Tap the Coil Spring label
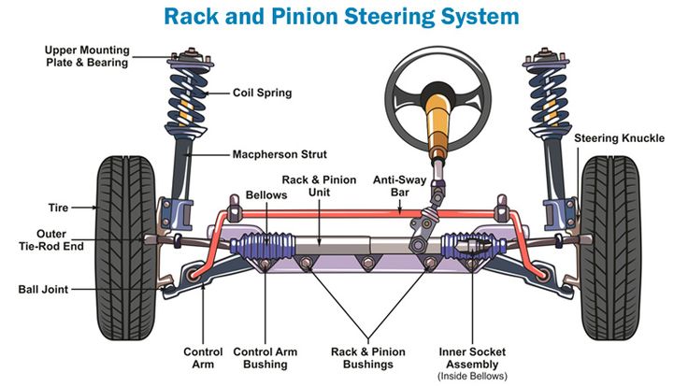click(x=262, y=93)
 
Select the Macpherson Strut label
click(x=278, y=154)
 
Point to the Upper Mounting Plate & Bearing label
click(x=86, y=55)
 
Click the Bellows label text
click(x=265, y=195)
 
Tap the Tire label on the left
click(x=58, y=207)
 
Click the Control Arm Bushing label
click(x=265, y=357)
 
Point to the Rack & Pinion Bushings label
click(x=368, y=357)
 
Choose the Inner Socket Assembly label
click(x=471, y=357)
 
